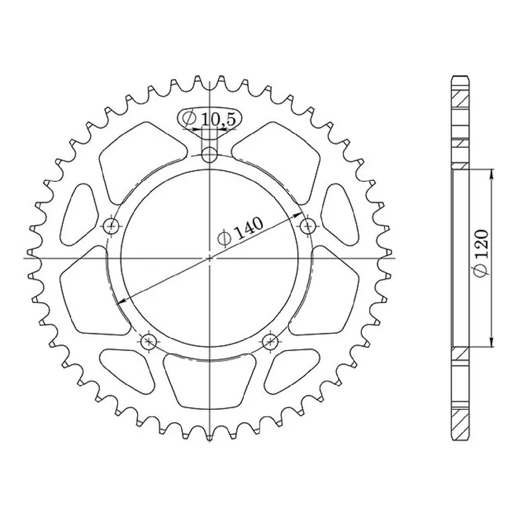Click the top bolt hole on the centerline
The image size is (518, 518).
(x=209, y=155)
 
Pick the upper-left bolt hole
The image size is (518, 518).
(x=111, y=226)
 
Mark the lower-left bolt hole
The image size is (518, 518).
(x=148, y=341)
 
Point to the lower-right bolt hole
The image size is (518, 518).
(x=270, y=341)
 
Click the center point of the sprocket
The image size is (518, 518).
(x=209, y=258)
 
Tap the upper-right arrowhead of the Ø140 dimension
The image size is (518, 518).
(x=298, y=215)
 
